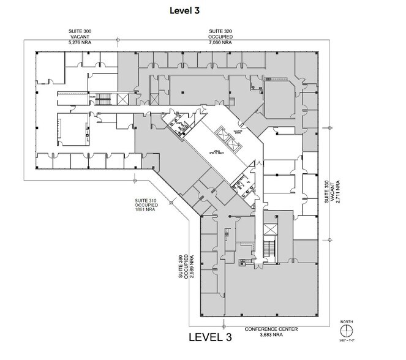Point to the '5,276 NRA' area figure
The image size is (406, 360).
(80, 43)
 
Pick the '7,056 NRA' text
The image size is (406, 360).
(219, 43)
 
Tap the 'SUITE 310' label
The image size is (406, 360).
(146, 201)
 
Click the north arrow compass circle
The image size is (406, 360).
(347, 329)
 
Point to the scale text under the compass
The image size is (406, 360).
(347, 340)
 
